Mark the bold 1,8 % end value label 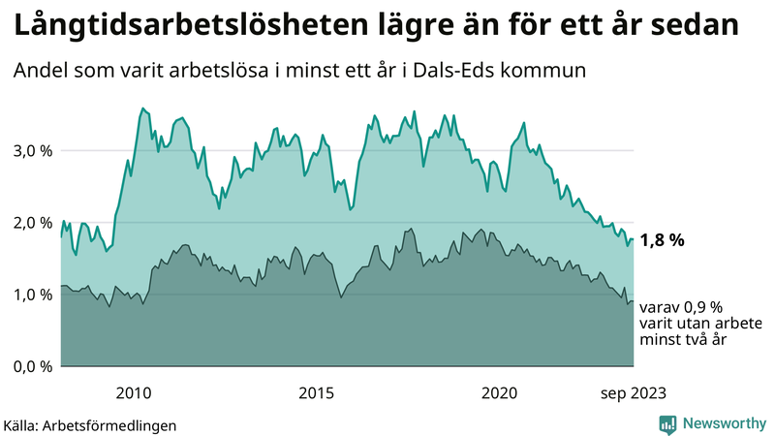pos(663,241)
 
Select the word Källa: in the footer pos(22,424)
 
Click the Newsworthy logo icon pos(667,423)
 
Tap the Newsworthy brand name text pos(724,423)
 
